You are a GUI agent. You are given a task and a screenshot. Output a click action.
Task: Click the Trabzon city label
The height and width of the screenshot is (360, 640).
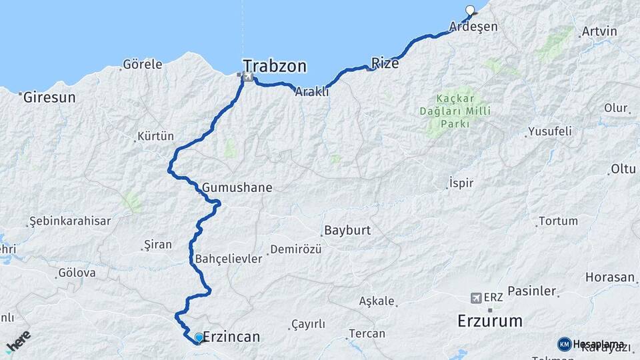275,66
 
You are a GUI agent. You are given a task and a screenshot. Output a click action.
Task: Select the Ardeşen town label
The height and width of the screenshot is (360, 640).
473,27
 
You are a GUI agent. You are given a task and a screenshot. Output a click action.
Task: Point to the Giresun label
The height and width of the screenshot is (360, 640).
49,97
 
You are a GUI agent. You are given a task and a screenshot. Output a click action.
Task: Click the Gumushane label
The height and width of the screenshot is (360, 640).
237,187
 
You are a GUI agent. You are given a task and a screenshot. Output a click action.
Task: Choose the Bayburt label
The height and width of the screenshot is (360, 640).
347,231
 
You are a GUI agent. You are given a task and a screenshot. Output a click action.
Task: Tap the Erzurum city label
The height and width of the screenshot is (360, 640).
490,321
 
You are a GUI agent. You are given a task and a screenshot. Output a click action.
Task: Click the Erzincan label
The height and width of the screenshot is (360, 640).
230,337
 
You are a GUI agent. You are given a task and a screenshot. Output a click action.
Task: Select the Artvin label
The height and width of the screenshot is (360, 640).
599,31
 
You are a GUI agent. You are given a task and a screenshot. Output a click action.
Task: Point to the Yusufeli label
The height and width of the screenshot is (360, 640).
549,131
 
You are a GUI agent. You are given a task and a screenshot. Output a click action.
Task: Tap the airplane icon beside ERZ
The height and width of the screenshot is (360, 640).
476,297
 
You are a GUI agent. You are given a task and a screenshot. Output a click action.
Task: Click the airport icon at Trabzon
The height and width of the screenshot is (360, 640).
248,77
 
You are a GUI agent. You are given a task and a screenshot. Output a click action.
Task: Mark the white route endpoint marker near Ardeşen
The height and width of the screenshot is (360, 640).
471,10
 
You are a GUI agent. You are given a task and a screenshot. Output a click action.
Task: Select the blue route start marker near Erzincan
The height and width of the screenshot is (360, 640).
199,338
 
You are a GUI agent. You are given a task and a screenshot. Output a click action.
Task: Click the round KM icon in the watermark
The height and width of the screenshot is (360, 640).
564,344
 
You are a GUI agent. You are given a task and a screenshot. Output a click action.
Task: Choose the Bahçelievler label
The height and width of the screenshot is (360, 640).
229,259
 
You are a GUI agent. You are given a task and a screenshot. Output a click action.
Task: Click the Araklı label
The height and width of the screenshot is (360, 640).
312,92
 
